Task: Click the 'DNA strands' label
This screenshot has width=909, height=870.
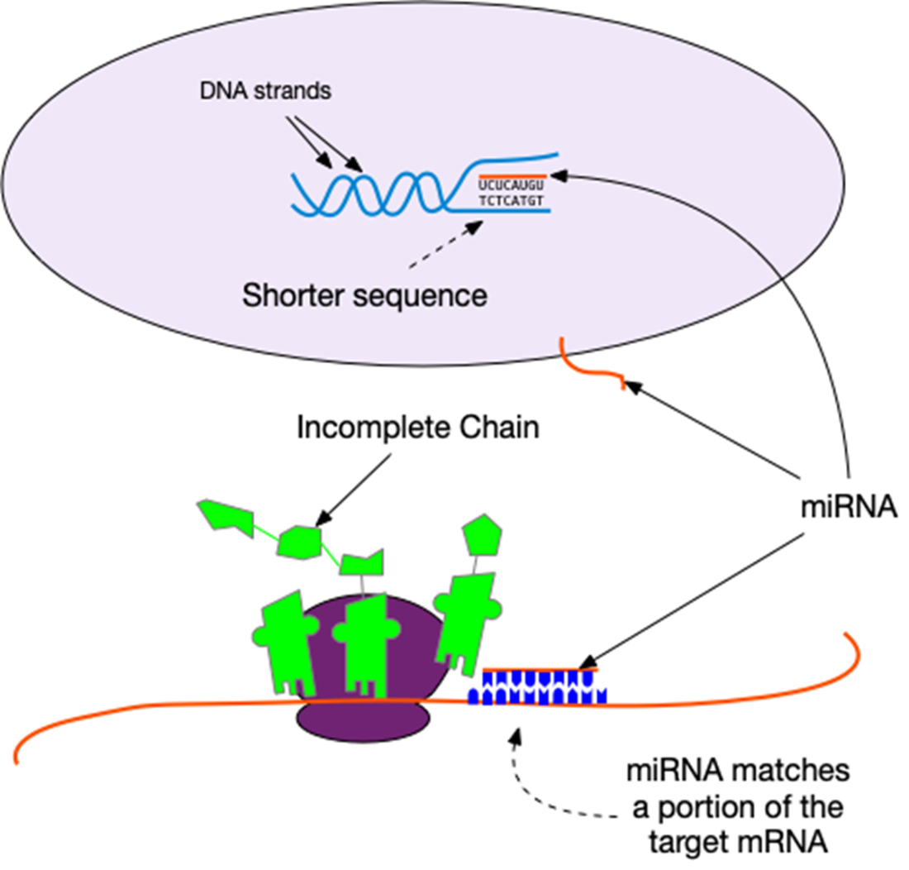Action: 265,91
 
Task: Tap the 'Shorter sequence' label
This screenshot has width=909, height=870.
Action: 364,296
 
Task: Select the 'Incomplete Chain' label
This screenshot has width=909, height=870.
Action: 418,428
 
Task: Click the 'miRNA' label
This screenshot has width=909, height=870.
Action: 849,508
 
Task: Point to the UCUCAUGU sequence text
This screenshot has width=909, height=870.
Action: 512,185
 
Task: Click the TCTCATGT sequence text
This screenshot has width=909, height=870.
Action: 512,201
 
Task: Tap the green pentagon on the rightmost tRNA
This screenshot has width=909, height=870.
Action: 482,535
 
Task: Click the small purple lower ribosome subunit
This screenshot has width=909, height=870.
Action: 364,719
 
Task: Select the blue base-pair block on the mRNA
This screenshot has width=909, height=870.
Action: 537,688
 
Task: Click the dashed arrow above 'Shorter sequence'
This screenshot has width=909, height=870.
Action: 445,244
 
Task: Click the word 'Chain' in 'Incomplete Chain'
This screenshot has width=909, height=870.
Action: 499,428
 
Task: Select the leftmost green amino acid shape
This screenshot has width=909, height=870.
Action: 226,517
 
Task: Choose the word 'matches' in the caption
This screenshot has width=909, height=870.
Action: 789,772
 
